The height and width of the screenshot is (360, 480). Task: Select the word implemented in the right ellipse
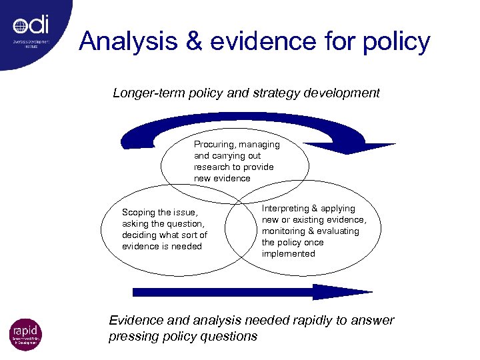point(288,254)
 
